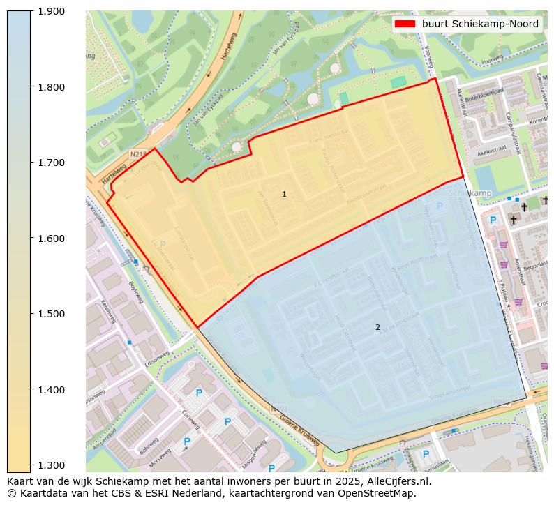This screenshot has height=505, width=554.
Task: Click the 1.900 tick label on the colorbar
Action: [50, 11]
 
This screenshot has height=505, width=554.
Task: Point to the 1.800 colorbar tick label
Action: [50, 87]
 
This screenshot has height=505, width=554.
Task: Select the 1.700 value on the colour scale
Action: [50, 163]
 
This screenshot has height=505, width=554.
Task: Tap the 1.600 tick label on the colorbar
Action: [50, 239]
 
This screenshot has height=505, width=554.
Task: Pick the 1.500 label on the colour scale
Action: [50, 314]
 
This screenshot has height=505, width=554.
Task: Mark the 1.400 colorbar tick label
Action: [50, 390]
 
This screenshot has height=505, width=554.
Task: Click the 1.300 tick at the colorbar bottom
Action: [50, 465]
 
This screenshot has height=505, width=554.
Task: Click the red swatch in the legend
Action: [405, 24]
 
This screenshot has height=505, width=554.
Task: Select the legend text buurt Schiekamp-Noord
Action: [480, 24]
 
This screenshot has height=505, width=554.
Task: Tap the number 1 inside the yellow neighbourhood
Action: [284, 194]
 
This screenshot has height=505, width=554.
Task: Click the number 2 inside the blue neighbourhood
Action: [377, 327]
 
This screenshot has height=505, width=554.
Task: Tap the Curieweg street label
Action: [190, 419]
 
